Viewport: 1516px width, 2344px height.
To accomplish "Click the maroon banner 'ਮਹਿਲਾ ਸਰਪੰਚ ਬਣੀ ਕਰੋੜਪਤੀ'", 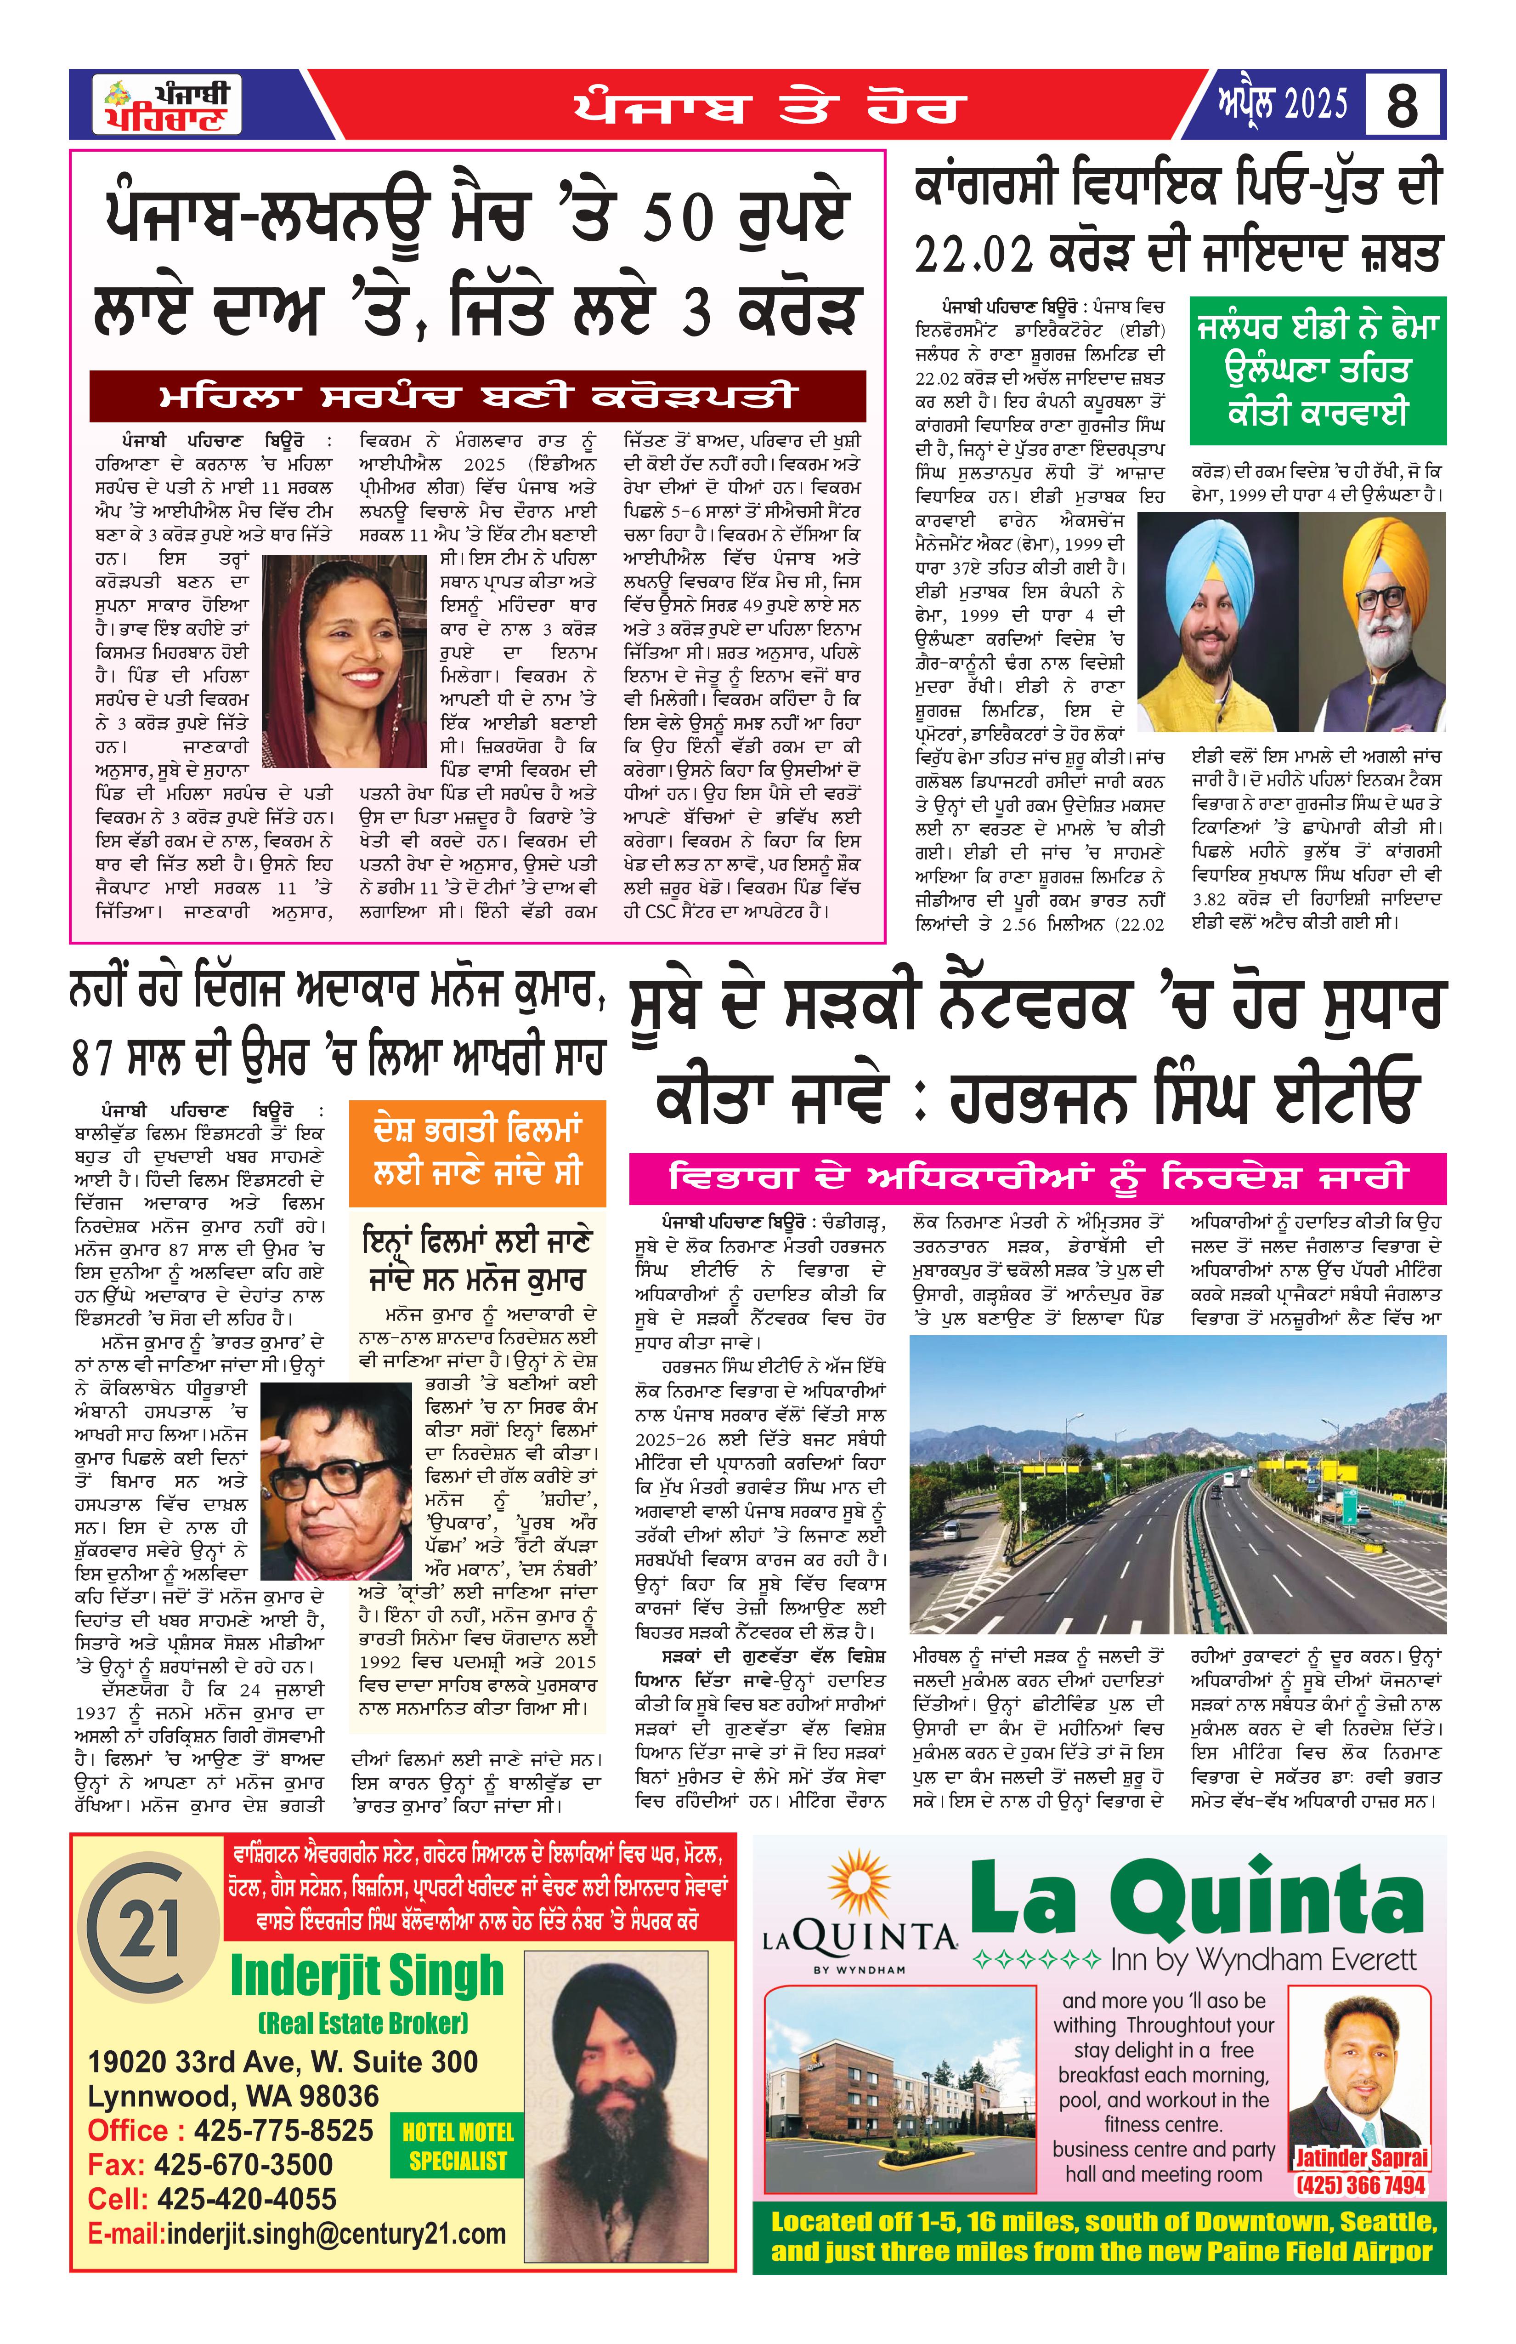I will [x=477, y=396].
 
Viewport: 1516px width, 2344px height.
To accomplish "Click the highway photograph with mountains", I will [x=1177, y=1484].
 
